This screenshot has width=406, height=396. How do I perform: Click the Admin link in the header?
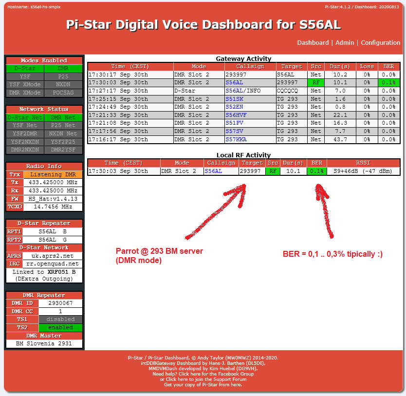point(345,43)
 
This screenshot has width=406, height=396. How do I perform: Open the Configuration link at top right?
point(380,43)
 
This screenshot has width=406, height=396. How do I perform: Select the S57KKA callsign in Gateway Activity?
point(236,139)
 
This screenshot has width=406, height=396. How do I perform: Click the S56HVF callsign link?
point(236,115)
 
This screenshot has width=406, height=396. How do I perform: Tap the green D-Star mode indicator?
point(25,68)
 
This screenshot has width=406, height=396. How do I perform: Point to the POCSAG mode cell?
point(63,93)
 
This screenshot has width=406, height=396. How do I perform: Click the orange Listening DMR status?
point(53,174)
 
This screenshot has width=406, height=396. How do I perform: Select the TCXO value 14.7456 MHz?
point(53,207)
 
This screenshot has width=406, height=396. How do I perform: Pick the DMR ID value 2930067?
point(60,303)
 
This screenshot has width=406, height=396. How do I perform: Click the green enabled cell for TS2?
point(60,327)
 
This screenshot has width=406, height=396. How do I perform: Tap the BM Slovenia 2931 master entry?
point(44,343)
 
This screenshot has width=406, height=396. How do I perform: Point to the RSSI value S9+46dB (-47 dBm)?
point(363,171)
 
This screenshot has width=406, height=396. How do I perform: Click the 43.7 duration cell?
point(340,139)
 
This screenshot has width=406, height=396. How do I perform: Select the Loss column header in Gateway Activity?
point(367,67)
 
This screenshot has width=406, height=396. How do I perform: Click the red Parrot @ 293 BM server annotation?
point(159,255)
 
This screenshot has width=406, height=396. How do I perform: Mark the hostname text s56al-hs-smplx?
point(45,7)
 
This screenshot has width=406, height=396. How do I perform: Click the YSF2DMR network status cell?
point(25,133)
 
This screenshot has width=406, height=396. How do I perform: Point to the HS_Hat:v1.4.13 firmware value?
point(53,199)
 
